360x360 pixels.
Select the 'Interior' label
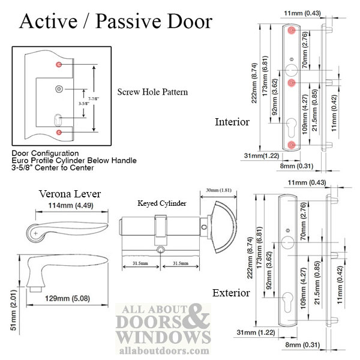coord(232,122)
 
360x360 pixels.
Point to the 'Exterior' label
coord(231,293)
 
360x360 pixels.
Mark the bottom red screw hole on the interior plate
coord(291,145)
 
